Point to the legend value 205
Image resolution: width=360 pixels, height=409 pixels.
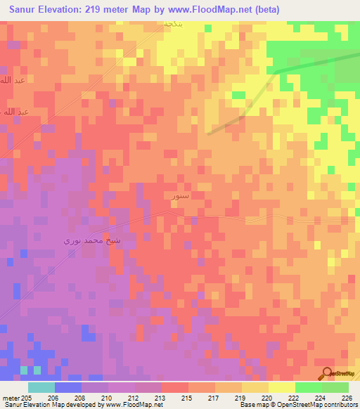tap(27, 397)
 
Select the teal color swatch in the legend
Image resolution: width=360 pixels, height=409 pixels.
tap(41, 387)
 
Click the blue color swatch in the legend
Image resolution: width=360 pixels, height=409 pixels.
tap(68, 387)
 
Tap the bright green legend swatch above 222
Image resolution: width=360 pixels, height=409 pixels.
tap(309, 387)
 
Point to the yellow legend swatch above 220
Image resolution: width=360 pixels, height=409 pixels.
tap(282, 387)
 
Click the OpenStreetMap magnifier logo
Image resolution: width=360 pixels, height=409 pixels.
tap(326, 373)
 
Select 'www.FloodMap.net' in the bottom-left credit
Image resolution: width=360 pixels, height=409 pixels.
tap(137, 405)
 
